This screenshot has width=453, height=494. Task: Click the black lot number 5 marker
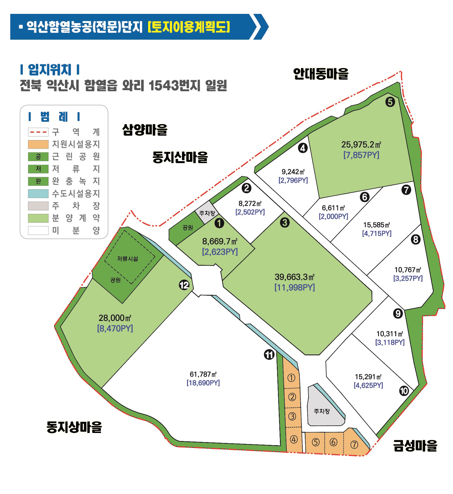pyautogui.click(x=390, y=102)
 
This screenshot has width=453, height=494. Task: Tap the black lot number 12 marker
pyautogui.click(x=184, y=285)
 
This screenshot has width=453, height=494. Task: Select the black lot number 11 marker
pyautogui.click(x=269, y=354)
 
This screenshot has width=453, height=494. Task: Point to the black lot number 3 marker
pyautogui.click(x=285, y=222)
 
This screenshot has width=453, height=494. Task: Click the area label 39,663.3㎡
pyautogui.click(x=295, y=277)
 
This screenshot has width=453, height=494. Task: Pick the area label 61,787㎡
pyautogui.click(x=203, y=374)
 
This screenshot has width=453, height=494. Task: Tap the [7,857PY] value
pyautogui.click(x=361, y=155)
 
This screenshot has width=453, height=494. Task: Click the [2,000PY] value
pyautogui.click(x=333, y=216)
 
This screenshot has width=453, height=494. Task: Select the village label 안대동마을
pyautogui.click(x=320, y=74)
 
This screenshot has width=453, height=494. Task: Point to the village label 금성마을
pyautogui.click(x=415, y=446)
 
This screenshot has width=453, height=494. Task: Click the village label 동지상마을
pyautogui.click(x=74, y=427)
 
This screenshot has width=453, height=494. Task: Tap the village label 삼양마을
pyautogui.click(x=145, y=130)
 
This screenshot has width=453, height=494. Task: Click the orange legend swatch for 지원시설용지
pyautogui.click(x=38, y=145)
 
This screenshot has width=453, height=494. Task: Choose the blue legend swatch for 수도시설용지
pyautogui.click(x=38, y=194)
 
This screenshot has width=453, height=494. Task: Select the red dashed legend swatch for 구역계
pyautogui.click(x=38, y=132)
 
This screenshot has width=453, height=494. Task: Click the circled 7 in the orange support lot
pyautogui.click(x=354, y=445)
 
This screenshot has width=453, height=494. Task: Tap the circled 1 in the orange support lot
pyautogui.click(x=291, y=378)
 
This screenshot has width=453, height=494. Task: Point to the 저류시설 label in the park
pyautogui.click(x=128, y=259)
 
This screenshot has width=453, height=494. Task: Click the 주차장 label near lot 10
pyautogui.click(x=322, y=411)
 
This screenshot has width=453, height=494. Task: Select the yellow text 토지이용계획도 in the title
pyautogui.click(x=189, y=27)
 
